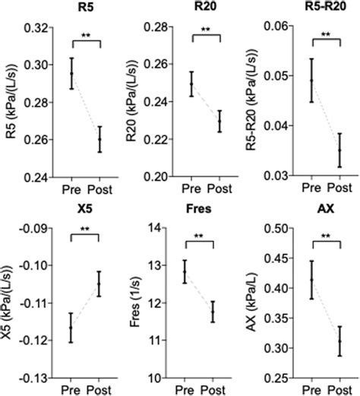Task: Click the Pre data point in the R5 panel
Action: (72, 74)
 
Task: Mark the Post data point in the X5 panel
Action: (98, 284)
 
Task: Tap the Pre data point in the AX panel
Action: (311, 280)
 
